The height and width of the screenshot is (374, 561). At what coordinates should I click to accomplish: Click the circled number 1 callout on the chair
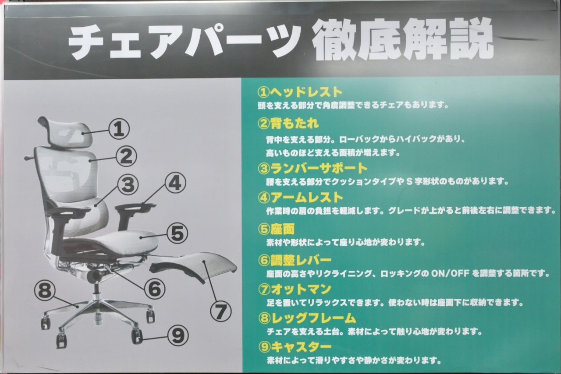pos(119,129)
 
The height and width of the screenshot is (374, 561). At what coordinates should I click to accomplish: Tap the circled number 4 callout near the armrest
pos(175,183)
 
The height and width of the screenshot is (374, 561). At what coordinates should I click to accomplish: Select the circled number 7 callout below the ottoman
pos(220,311)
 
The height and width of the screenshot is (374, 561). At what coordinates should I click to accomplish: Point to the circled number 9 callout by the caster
pos(178,335)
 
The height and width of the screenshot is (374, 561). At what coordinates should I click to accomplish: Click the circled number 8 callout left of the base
pos(45,290)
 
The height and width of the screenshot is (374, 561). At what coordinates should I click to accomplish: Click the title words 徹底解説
pos(403,40)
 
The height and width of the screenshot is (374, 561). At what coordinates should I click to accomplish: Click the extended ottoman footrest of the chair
pos(194,266)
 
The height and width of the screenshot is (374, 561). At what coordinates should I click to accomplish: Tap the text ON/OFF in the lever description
pos(450,274)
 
